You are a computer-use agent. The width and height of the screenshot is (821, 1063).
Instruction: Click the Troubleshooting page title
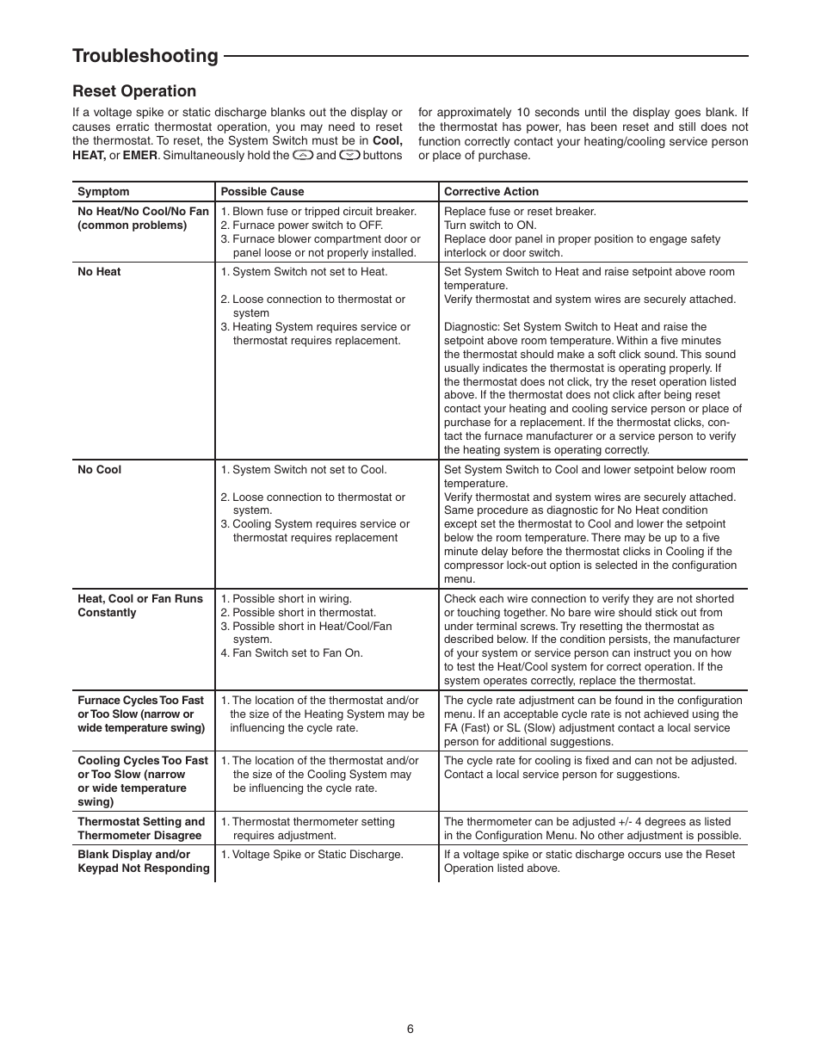pos(145,56)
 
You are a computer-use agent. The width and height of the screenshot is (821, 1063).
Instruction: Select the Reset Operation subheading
pos(134,91)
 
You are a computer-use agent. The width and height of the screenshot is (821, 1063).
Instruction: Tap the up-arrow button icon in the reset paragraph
pos(302,156)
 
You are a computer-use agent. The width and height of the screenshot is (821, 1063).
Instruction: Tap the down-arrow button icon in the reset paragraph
pos(349,156)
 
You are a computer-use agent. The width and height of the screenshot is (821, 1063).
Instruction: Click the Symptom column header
pos(103,192)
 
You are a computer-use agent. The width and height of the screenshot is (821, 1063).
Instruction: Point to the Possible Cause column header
pos(262,192)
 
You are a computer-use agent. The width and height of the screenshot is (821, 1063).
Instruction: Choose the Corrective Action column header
pos(491,192)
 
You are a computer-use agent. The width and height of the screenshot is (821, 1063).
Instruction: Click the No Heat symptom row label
pos(99,272)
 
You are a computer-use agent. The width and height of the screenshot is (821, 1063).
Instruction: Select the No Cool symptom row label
pos(99,470)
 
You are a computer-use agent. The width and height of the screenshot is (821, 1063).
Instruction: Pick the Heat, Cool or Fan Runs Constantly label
pos(140,606)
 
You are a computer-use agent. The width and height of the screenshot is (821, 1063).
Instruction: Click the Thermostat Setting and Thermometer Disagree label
pos(141,829)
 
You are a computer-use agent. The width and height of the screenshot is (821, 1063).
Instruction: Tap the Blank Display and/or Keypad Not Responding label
pos(143,862)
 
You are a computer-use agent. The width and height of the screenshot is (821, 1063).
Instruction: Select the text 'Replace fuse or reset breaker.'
pos(520,212)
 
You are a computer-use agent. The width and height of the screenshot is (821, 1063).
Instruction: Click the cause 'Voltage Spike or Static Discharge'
pos(317,855)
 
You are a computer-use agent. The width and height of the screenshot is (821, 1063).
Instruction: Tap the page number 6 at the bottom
pos(410,1029)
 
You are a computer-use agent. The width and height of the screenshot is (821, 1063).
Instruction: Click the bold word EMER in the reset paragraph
pos(140,156)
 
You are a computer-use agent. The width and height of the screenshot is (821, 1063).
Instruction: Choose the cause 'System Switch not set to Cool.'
pos(309,470)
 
